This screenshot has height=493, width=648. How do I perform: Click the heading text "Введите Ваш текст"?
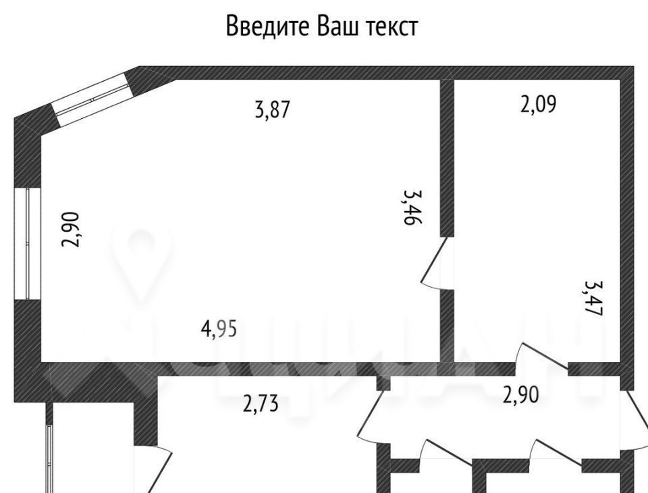(322, 26)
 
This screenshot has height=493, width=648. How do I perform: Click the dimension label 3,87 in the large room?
(273, 110)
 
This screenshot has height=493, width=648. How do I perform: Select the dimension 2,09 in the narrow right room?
(538, 104)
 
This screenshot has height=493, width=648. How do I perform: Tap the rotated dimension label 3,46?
(413, 207)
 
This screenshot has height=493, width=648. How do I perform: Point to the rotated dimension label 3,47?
(594, 299)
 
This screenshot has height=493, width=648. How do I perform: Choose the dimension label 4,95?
(219, 330)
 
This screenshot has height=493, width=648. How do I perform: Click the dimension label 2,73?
(261, 403)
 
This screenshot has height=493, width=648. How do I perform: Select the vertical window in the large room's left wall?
(27, 243)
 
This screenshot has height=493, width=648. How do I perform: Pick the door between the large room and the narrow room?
(437, 263)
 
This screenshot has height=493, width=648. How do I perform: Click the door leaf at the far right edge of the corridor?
(637, 420)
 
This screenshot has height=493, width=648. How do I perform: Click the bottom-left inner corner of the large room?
(41, 362)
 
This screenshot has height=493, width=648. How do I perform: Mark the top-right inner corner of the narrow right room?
(620, 79)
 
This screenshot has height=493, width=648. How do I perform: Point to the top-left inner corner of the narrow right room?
(454, 79)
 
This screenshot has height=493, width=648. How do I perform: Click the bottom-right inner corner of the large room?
(439, 362)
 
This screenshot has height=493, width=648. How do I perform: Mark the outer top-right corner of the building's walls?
(634, 66)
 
